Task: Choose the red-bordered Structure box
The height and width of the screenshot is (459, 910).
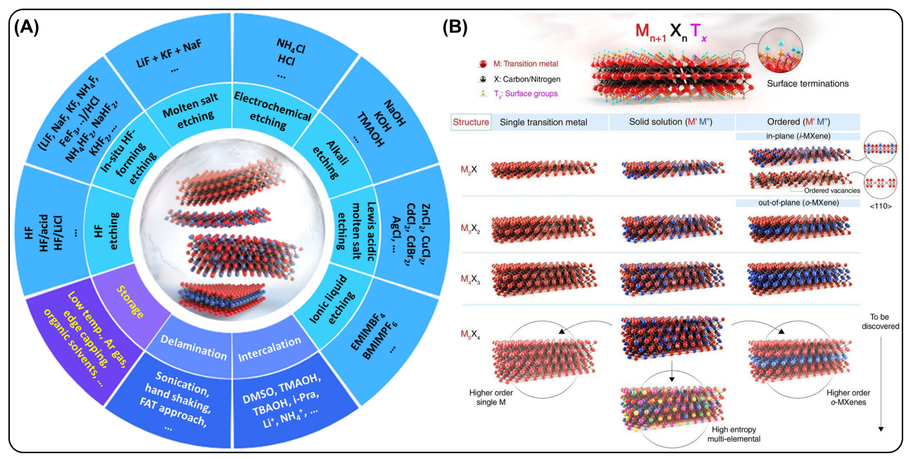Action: (471, 122)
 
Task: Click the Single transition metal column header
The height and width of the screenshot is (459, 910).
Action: (543, 122)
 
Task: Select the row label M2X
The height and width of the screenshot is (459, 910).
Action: (469, 170)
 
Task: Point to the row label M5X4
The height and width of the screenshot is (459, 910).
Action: (470, 334)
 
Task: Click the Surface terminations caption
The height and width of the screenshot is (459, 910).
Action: (807, 84)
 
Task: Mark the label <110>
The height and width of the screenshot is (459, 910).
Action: (880, 206)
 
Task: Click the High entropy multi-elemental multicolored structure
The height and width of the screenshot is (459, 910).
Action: (673, 409)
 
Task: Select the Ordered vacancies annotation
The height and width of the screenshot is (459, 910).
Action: (832, 191)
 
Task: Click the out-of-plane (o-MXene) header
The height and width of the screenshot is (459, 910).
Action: (798, 203)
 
